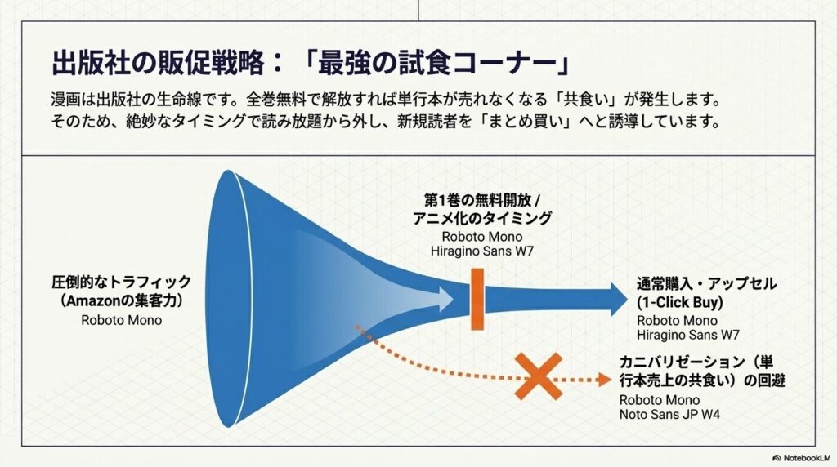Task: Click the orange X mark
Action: [538, 376]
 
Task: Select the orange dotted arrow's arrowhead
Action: [603, 379]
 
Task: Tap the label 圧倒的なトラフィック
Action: [121, 282]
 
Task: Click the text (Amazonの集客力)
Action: [121, 301]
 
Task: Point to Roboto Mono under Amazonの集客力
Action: [121, 320]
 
